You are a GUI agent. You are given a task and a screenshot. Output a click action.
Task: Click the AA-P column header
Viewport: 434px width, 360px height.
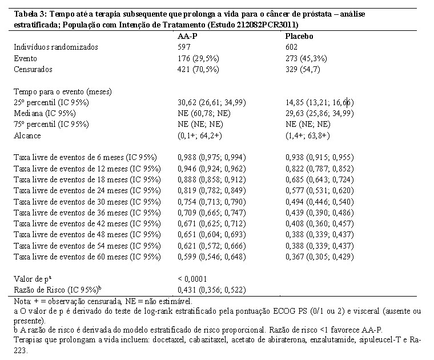tap(187, 36)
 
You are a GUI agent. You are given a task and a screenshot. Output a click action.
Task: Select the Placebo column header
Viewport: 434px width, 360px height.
tap(299, 36)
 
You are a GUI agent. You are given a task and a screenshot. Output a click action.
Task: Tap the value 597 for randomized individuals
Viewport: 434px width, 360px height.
tap(184, 47)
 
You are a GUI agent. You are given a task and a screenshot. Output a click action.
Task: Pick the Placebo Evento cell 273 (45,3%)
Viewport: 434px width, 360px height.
tap(306, 58)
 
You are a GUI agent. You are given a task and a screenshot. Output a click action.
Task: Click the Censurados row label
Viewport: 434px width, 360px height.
tap(33, 69)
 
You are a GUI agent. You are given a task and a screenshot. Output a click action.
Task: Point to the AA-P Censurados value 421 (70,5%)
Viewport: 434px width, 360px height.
tap(198, 69)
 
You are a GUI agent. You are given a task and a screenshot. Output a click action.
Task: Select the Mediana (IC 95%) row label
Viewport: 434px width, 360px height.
tap(45, 113)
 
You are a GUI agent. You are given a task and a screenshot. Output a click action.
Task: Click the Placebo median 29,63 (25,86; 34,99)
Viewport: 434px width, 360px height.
tap(320, 113)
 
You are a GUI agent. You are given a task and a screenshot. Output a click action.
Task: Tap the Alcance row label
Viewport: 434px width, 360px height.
tap(27, 135)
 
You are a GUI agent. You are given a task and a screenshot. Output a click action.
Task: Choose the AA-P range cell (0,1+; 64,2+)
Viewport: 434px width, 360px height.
tap(199, 135)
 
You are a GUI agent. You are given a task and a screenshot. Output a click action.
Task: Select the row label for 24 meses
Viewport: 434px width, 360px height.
tap(87, 190)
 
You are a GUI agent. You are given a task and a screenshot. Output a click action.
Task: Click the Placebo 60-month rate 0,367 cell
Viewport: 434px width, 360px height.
tap(320, 257)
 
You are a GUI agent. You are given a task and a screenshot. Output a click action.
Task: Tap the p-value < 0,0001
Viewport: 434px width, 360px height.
tap(192, 279)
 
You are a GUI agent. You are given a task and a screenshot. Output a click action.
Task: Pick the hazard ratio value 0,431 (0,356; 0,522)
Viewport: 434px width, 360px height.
tap(212, 290)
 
